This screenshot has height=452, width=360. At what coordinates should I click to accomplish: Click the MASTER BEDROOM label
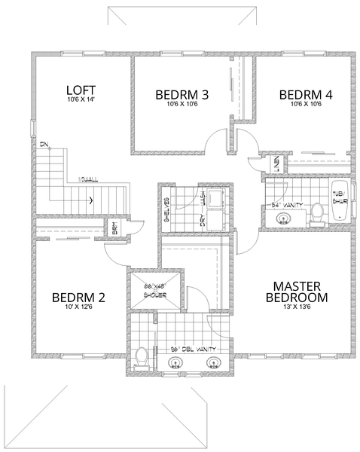tap(299, 292)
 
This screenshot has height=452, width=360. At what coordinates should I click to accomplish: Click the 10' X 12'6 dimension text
tap(78, 307)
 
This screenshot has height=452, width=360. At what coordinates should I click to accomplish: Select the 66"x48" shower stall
tap(155, 289)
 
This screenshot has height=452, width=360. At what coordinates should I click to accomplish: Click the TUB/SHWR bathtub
tap(340, 202)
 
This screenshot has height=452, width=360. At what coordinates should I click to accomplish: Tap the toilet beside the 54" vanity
tap(317, 215)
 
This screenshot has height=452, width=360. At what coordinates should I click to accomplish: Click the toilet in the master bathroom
tap(141, 359)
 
